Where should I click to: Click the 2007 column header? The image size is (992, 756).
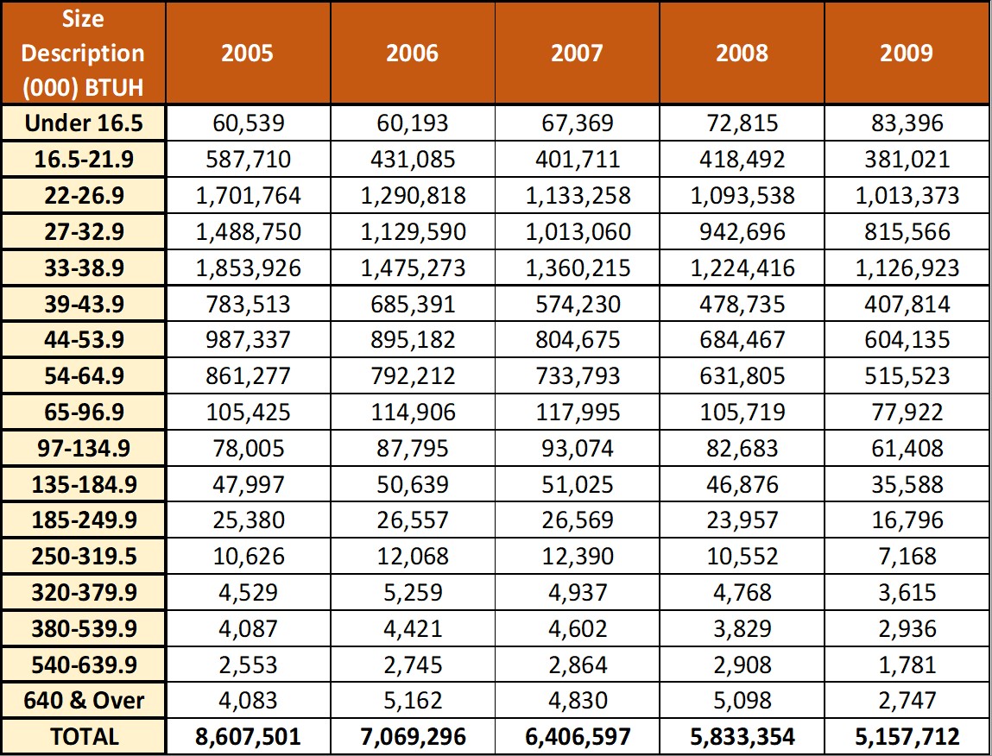[577, 54]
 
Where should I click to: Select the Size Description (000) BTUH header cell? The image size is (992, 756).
[83, 54]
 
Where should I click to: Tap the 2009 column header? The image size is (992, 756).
[907, 54]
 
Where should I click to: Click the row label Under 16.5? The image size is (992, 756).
[84, 123]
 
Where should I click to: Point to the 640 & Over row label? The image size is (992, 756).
[84, 700]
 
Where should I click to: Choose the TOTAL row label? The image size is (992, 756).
[84, 737]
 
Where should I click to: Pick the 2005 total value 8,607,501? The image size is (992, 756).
[248, 737]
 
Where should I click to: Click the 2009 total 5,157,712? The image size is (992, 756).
[907, 737]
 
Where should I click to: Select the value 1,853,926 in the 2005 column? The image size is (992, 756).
[248, 268]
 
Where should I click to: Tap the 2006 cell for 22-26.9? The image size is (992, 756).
[413, 196]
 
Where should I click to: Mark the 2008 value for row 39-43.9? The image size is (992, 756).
[742, 305]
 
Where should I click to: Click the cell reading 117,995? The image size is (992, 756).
[577, 413]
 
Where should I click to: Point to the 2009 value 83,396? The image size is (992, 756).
[907, 123]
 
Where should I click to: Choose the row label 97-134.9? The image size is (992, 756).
[84, 449]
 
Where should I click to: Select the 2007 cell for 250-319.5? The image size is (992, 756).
[577, 557]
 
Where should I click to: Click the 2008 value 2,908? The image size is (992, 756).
[742, 665]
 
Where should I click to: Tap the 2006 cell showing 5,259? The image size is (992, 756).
[413, 593]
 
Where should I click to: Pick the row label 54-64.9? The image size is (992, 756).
[84, 376]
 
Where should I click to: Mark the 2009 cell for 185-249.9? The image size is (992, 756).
[907, 520]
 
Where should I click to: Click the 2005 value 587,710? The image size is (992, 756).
[248, 159]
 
